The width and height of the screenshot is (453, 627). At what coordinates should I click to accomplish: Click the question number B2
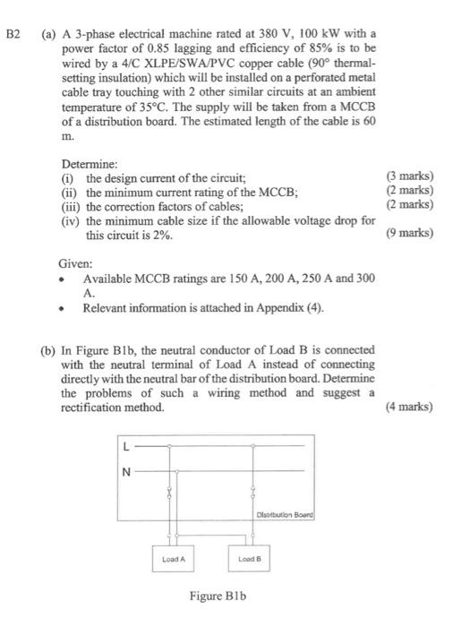[13, 35]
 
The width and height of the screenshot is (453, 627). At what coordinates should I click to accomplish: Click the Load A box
[174, 559]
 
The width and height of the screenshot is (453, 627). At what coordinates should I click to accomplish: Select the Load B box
[249, 559]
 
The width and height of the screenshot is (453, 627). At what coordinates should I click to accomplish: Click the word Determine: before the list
[89, 165]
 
